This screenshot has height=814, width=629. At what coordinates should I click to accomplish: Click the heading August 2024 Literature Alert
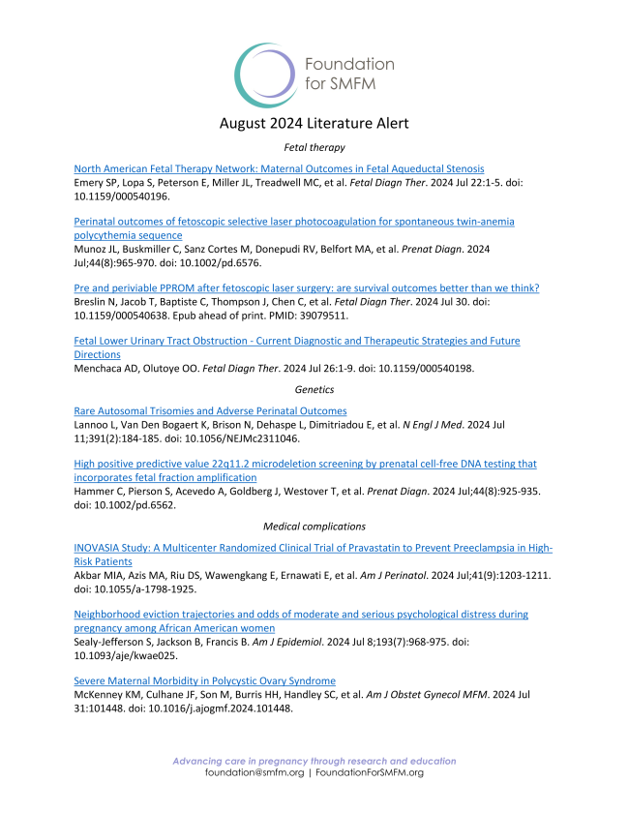[x=314, y=123]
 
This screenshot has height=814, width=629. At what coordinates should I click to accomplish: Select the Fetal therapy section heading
[x=314, y=147]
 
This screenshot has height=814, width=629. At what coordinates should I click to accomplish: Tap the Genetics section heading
[x=314, y=389]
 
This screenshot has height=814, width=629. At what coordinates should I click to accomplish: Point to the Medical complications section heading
[x=314, y=527]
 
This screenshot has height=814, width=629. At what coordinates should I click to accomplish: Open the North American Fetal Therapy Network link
[x=279, y=168]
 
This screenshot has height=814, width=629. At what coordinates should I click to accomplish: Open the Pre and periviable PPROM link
[x=306, y=288]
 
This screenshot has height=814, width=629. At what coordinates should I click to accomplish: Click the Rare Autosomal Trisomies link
[x=210, y=411]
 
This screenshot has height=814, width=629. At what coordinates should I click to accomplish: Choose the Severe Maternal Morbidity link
[x=204, y=680]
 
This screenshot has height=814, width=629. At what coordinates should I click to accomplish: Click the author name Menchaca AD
[x=105, y=368]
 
